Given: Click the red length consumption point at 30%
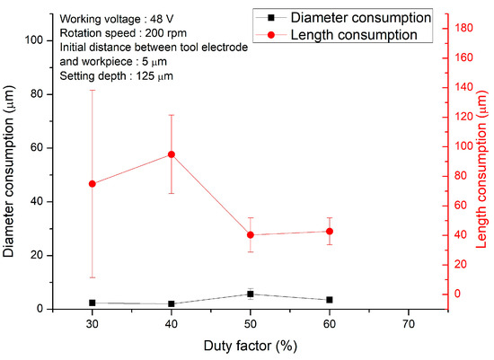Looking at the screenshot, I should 93,183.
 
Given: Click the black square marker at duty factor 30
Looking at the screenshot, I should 93,303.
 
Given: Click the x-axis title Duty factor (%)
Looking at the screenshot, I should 250,345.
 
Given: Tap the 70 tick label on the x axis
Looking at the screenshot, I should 409,323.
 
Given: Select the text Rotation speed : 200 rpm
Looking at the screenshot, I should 110,32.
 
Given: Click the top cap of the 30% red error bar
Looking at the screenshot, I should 93,90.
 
